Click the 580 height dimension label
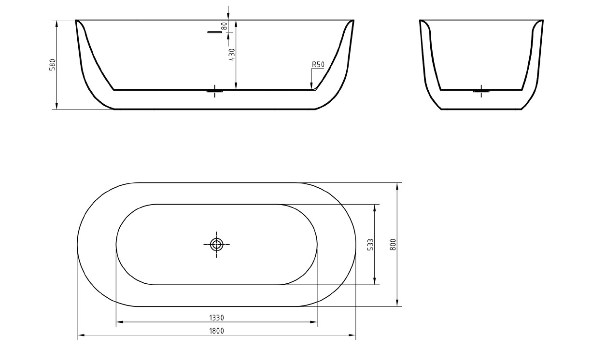tap(53, 65)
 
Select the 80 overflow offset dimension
tap(225, 26)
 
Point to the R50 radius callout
tap(318, 64)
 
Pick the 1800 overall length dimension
tap(216, 331)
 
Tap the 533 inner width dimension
tap(370, 244)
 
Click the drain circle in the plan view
tap(216, 245)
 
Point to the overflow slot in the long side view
tap(214, 32)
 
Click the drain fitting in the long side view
tap(214, 91)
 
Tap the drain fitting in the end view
tap(481, 91)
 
